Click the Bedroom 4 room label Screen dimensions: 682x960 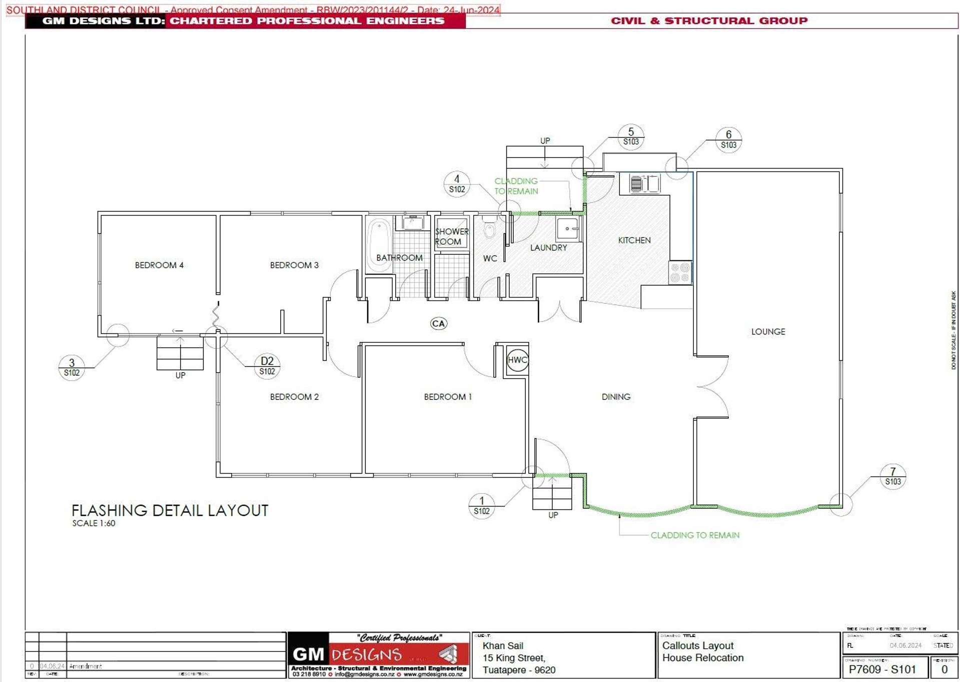tap(159, 265)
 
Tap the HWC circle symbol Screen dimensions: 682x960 tap(517, 360)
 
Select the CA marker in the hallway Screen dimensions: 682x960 tap(439, 323)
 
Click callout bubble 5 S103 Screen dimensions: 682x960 tap(631, 136)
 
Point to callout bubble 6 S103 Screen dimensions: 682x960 tap(728, 139)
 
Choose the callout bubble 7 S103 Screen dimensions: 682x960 tap(893, 476)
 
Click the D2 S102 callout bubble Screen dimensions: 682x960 tap(267, 366)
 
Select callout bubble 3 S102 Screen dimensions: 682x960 tap(72, 367)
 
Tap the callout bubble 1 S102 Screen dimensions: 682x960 tap(482, 505)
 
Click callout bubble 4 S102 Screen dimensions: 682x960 tap(457, 184)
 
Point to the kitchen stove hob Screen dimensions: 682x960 tap(680, 272)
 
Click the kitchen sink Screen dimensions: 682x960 tap(644, 183)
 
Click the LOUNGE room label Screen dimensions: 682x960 tap(768, 331)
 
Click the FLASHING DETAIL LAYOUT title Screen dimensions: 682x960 tap(170, 510)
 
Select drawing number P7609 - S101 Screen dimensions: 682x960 tap(882, 669)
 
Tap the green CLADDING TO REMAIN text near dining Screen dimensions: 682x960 tap(694, 535)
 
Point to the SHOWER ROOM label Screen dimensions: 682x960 tap(451, 236)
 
